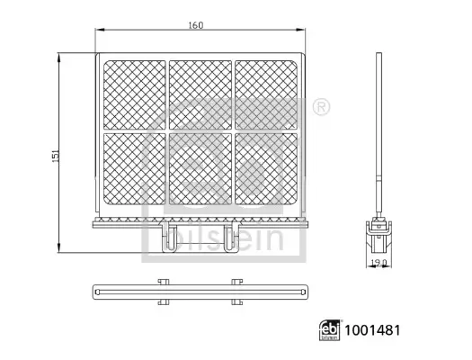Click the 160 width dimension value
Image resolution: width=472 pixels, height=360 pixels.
tap(196, 25)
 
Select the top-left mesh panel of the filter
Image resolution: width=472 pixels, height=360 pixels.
tap(136, 94)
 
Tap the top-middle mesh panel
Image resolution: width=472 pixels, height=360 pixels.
tap(200, 94)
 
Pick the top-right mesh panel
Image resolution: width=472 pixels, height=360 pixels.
tap(266, 94)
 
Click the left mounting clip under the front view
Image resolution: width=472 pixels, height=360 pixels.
tap(168, 238)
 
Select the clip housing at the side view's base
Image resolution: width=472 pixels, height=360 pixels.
tap(381, 237)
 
